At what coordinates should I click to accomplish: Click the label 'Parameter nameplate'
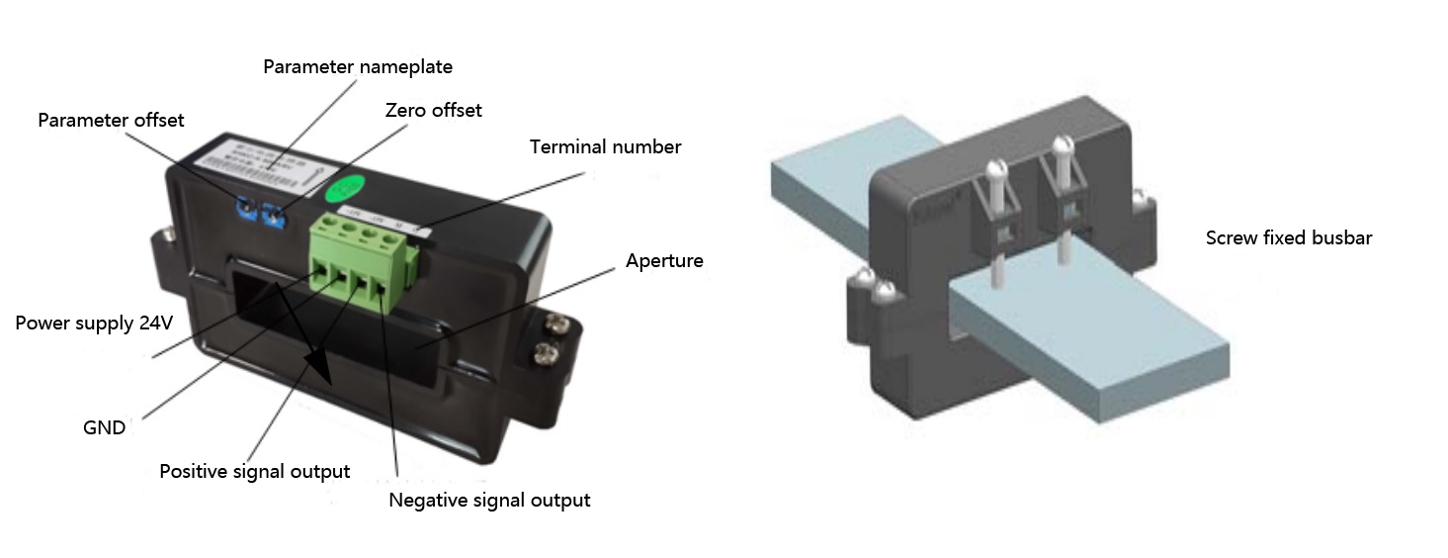click(x=357, y=67)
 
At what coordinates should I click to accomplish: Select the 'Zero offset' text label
click(x=433, y=110)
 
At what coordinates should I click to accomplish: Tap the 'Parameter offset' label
click(x=111, y=120)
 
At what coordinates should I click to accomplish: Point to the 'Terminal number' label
click(x=605, y=147)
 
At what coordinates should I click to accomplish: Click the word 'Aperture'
click(x=664, y=261)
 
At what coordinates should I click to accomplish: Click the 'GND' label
click(x=104, y=427)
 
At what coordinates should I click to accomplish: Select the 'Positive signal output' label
click(x=254, y=471)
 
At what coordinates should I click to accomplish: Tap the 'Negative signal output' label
click(x=489, y=500)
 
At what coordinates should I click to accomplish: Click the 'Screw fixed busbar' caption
click(x=1288, y=237)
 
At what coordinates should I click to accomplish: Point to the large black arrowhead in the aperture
click(x=325, y=371)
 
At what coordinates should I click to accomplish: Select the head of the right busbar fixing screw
click(x=1062, y=146)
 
